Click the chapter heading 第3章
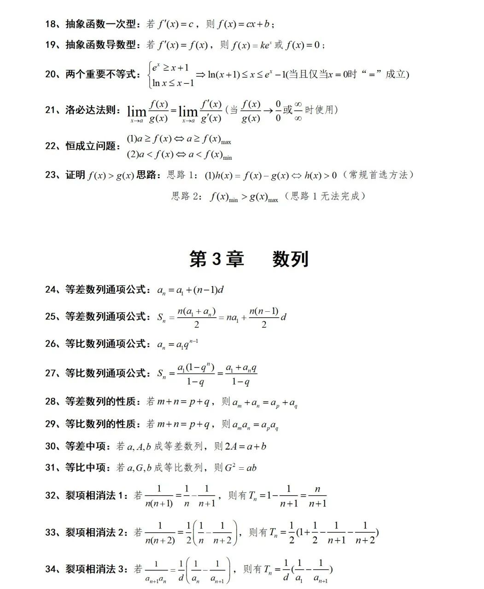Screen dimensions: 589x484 pyautogui.click(x=216, y=259)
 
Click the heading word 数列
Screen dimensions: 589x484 pyautogui.click(x=290, y=259)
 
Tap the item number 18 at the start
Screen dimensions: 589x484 pyautogui.click(x=51, y=24)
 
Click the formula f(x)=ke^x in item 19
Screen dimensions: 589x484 pyautogui.click(x=251, y=45)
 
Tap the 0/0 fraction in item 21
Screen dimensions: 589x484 pyautogui.click(x=278, y=111)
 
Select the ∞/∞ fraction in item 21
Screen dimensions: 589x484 pyautogui.click(x=298, y=111)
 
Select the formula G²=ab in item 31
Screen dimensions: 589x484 pyautogui.click(x=240, y=468)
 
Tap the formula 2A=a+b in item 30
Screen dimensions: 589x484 pyautogui.click(x=245, y=446)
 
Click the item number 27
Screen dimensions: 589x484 pyautogui.click(x=51, y=373)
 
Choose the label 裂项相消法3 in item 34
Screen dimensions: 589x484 pyautogui.click(x=96, y=569)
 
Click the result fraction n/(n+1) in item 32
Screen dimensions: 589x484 pyautogui.click(x=317, y=496)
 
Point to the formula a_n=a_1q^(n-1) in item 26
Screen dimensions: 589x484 pyautogui.click(x=178, y=344)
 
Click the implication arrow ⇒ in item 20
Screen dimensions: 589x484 pyautogui.click(x=200, y=75)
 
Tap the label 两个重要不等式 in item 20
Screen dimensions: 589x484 pyautogui.click(x=101, y=75)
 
